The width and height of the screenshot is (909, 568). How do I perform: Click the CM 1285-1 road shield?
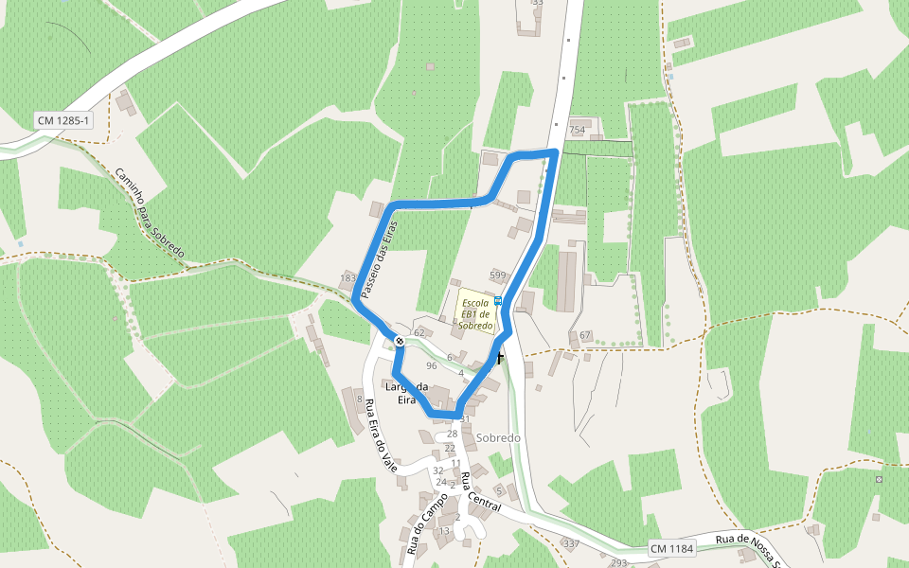tap(64, 120)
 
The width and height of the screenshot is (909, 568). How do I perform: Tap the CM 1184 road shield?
tap(672, 549)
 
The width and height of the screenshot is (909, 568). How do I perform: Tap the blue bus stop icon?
tap(498, 300)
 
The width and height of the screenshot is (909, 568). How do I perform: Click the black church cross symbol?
tap(498, 357)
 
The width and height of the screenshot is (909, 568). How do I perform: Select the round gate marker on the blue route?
tap(400, 341)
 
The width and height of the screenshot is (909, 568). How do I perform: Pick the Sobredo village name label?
tap(499, 438)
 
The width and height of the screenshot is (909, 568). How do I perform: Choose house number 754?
tap(577, 130)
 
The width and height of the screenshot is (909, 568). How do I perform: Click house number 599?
tap(498, 275)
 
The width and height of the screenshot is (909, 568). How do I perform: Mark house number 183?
tap(348, 278)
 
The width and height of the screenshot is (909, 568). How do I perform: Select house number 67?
tap(584, 336)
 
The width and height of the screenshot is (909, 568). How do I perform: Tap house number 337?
tap(571, 544)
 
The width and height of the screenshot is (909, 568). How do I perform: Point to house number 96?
tap(431, 365)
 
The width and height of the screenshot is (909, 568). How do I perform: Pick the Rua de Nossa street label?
tap(748, 541)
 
